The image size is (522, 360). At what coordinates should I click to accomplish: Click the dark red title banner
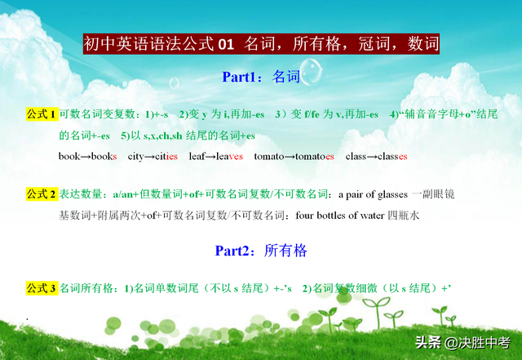pos(261,43)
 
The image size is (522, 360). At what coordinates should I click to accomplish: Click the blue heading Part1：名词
pos(261,77)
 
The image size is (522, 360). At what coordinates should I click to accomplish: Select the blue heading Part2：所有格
pos(261,251)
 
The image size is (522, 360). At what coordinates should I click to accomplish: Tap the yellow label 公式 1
pos(42,114)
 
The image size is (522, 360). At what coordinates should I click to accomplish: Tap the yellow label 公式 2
pos(42,194)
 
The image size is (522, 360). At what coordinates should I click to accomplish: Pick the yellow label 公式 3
pos(42,288)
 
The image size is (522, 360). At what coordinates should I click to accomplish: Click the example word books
pos(104,157)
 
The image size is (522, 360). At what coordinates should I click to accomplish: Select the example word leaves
pos(229,157)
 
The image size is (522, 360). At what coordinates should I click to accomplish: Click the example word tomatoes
pos(315,157)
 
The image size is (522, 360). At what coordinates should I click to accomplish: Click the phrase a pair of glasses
pos(373,194)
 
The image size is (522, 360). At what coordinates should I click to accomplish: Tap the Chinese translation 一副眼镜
pos(433,194)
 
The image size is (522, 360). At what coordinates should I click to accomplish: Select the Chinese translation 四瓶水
pos(403,216)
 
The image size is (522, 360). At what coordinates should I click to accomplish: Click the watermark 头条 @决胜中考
pos(462,343)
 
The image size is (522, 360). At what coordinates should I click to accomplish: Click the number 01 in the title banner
pos(226,44)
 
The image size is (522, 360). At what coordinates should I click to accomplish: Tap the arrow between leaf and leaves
pos(210,157)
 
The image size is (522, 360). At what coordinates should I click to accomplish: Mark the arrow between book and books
pos(86,157)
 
